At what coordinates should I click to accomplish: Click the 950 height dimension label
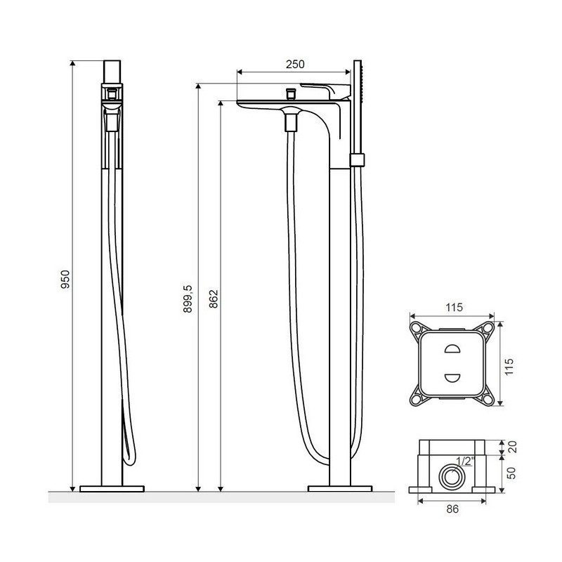click(x=65, y=280)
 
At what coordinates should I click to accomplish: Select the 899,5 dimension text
click(x=188, y=299)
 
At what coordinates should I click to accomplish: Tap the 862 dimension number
click(x=214, y=299)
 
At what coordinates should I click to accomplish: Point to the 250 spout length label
click(x=295, y=64)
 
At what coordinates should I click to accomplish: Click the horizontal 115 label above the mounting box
click(x=454, y=307)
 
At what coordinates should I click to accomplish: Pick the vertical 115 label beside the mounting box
click(x=509, y=367)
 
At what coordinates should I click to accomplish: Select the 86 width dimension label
click(x=452, y=509)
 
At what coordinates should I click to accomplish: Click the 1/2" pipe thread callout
click(x=465, y=461)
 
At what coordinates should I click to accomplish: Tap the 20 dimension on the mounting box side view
click(x=513, y=447)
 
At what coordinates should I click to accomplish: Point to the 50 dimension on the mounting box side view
click(x=511, y=473)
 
